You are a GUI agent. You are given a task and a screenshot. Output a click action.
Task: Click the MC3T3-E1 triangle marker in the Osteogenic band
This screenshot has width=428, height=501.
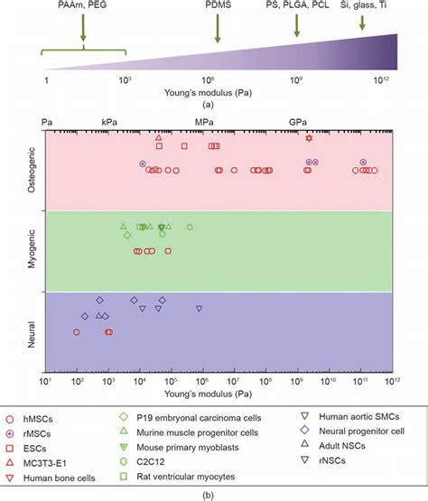tap(159, 137)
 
